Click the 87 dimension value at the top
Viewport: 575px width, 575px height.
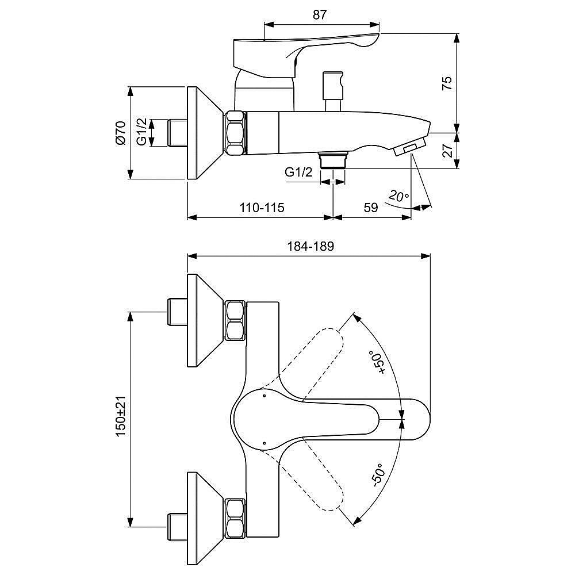click(319, 15)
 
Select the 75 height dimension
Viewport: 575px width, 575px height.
click(447, 83)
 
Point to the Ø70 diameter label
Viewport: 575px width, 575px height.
click(121, 133)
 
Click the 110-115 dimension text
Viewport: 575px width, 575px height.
click(262, 208)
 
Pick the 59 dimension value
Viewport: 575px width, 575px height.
click(371, 208)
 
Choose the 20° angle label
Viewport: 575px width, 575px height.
click(398, 196)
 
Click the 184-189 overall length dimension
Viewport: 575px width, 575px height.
click(310, 246)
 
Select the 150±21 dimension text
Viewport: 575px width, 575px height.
click(121, 416)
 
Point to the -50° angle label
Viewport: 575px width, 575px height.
click(378, 476)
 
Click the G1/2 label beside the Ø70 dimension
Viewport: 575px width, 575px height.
click(142, 131)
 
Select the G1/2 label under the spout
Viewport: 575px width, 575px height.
click(298, 171)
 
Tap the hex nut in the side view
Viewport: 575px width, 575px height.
click(235, 133)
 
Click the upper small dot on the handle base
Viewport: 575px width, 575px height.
click(264, 396)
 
